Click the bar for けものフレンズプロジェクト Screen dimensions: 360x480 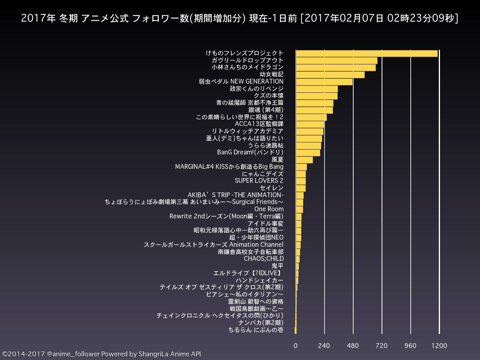tap(366, 54)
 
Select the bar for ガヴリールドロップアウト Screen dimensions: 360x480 tap(336, 60)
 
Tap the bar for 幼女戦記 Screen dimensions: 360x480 tap(330, 75)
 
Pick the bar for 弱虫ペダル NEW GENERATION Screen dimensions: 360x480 tap(324, 82)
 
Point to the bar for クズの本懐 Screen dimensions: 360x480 tap(316, 96)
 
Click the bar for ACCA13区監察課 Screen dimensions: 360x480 tap(310, 124)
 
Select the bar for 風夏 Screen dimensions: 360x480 tap(304, 160)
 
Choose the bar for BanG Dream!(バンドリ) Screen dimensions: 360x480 tap(308, 153)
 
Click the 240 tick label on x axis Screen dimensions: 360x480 tap(324, 346)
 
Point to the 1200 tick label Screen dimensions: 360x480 tap(439, 346)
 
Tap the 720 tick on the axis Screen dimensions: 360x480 tap(382, 346)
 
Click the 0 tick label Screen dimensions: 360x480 tap(296, 346)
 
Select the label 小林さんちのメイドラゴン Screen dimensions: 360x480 tap(248, 68)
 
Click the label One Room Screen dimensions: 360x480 tap(269, 209)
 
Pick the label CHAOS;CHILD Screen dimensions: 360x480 tap(264, 259)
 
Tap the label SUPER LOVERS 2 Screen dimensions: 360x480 tap(259, 181)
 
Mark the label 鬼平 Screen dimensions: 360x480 tap(277, 266)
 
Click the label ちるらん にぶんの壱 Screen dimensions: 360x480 tap(256, 330)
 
